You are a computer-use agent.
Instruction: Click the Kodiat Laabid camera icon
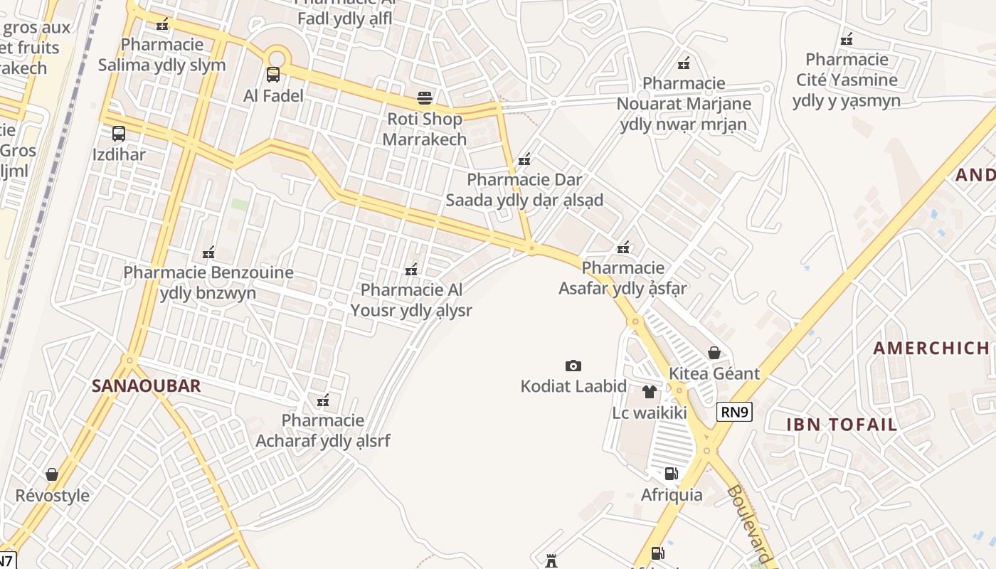pos(573,366)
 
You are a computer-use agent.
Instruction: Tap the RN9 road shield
pos(734,412)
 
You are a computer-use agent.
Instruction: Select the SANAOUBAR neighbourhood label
pos(146,386)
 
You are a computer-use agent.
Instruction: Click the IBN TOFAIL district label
pos(842,425)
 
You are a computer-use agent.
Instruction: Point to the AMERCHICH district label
pos(931,348)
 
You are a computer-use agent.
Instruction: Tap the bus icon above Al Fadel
pos(273,75)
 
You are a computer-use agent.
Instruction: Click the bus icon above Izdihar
pos(119,133)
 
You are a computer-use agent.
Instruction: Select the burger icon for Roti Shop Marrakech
pos(425,97)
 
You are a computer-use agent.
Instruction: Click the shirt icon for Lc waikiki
pos(649,392)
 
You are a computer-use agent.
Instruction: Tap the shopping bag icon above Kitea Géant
pos(714,353)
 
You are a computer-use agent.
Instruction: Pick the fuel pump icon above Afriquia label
pos(671,474)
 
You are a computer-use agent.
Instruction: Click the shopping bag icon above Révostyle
pos(52,474)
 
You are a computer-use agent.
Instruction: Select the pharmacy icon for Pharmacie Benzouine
pos(208,252)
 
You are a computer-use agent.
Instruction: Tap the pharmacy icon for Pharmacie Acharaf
pos(323,400)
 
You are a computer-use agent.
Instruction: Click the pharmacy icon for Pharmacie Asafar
pos(623,248)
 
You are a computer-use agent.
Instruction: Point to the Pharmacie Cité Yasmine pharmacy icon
pos(847,39)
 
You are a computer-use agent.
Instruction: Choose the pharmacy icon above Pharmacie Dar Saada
pos(524,160)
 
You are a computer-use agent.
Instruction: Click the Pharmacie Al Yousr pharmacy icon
pos(411,270)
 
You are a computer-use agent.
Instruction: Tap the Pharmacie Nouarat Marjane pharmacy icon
pos(684,63)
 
